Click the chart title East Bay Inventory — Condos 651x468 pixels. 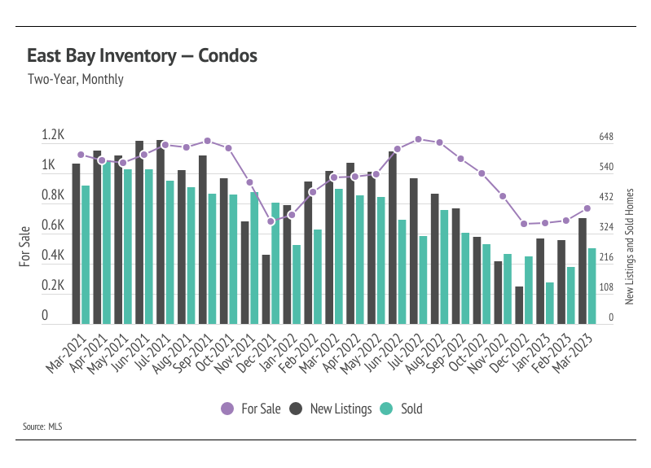click(x=142, y=56)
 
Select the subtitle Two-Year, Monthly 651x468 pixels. click(x=76, y=79)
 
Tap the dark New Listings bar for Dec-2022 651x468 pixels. click(x=519, y=305)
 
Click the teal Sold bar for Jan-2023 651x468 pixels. click(x=550, y=304)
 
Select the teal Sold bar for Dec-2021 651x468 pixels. click(x=275, y=264)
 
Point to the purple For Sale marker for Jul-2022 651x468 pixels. click(x=419, y=139)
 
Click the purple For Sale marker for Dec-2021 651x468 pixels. click(x=271, y=221)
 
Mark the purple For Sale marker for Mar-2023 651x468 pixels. click(x=587, y=208)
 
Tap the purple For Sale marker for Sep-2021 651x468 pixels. click(x=208, y=141)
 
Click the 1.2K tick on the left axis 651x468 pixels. click(x=53, y=135)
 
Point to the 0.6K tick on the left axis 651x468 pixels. click(x=53, y=225)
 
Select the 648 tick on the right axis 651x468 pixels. click(x=605, y=137)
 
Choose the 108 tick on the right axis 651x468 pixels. click(x=605, y=287)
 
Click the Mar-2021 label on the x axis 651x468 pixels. click(x=67, y=352)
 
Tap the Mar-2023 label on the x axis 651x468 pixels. click(x=573, y=352)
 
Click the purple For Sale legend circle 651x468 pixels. click(x=227, y=409)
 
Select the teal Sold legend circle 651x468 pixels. click(x=386, y=409)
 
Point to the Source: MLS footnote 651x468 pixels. click(x=42, y=426)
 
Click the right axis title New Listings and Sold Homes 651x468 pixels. click(x=630, y=247)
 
